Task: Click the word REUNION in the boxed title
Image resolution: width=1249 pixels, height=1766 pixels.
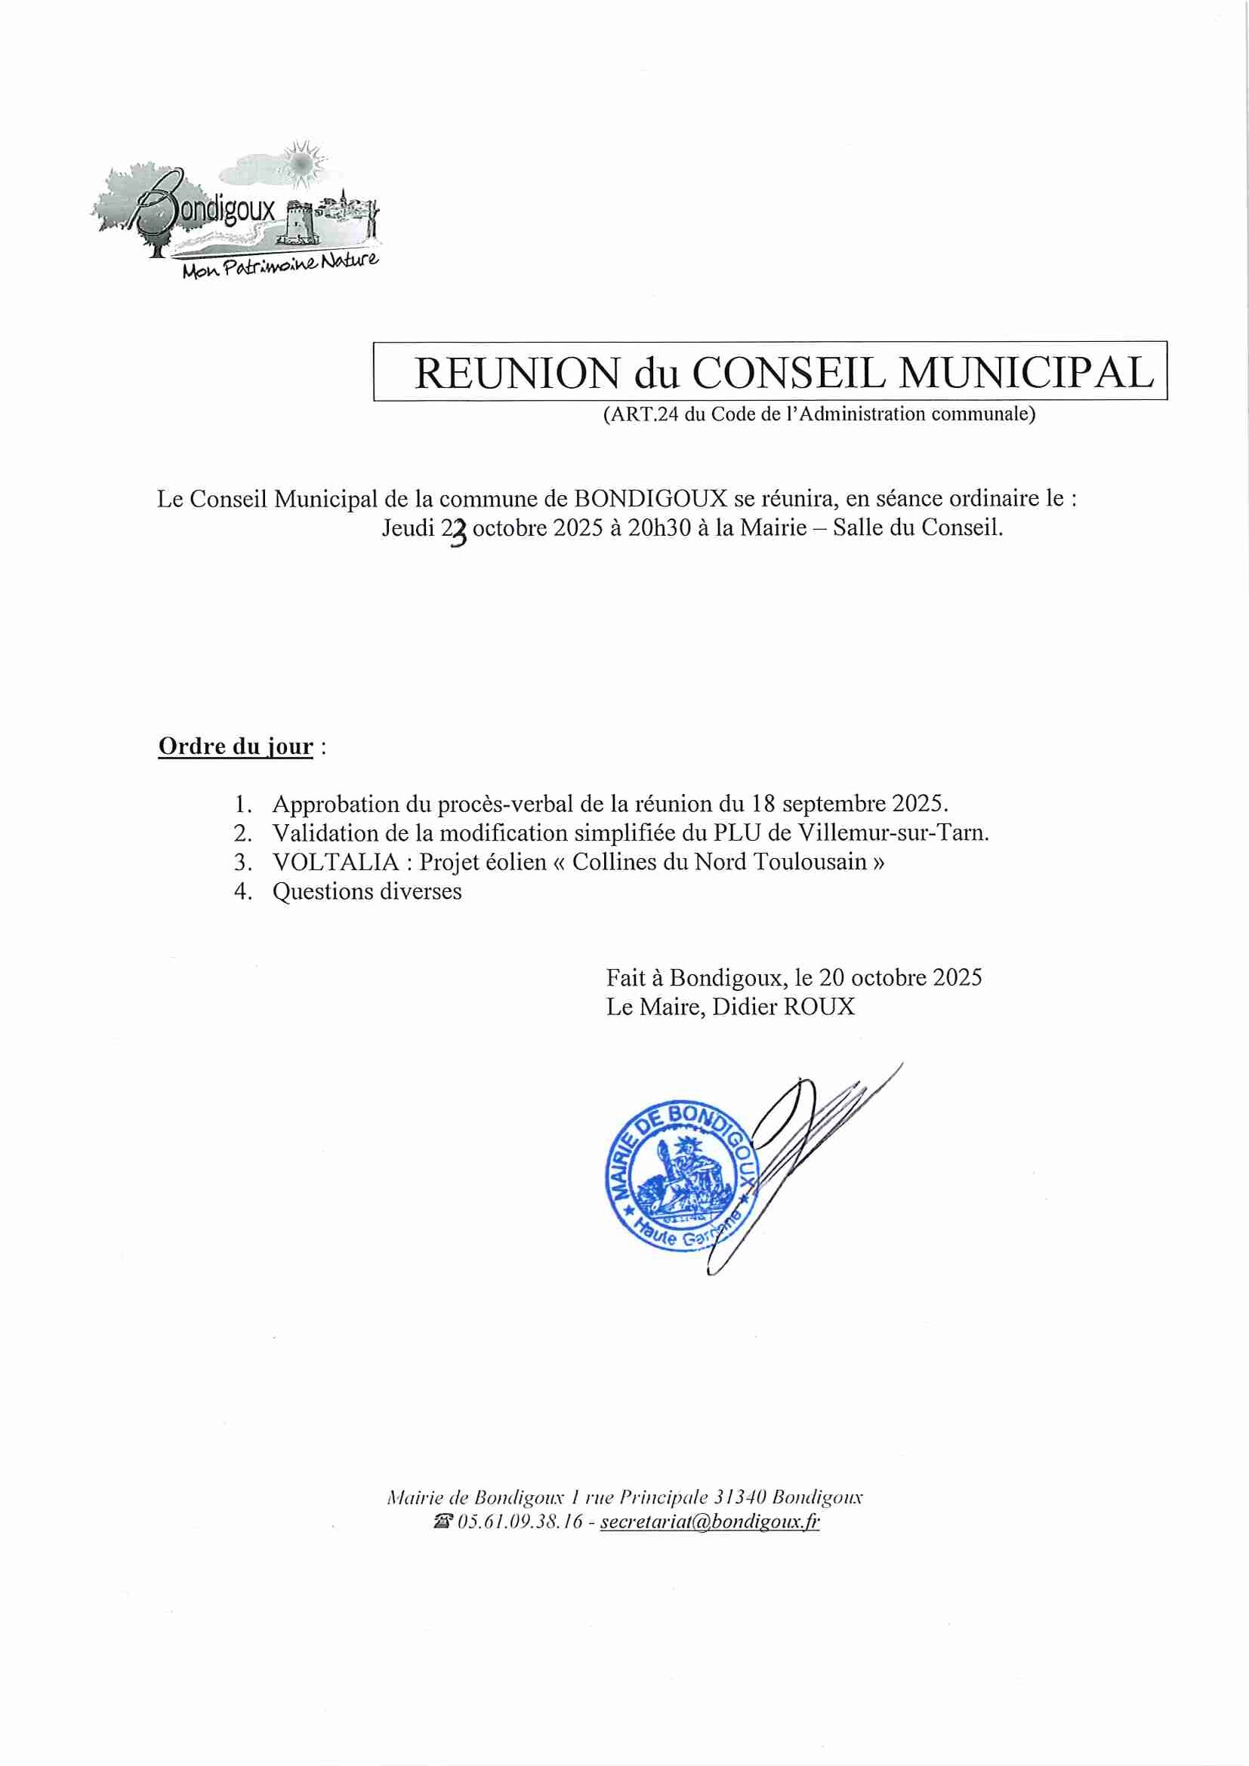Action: click(517, 373)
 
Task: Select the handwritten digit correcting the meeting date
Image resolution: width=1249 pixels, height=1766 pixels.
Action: click(458, 531)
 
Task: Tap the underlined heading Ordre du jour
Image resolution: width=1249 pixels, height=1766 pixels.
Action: click(236, 746)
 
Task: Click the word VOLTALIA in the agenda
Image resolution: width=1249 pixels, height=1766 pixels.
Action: click(335, 861)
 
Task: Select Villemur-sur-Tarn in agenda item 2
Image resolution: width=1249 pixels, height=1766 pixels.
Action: click(893, 832)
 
